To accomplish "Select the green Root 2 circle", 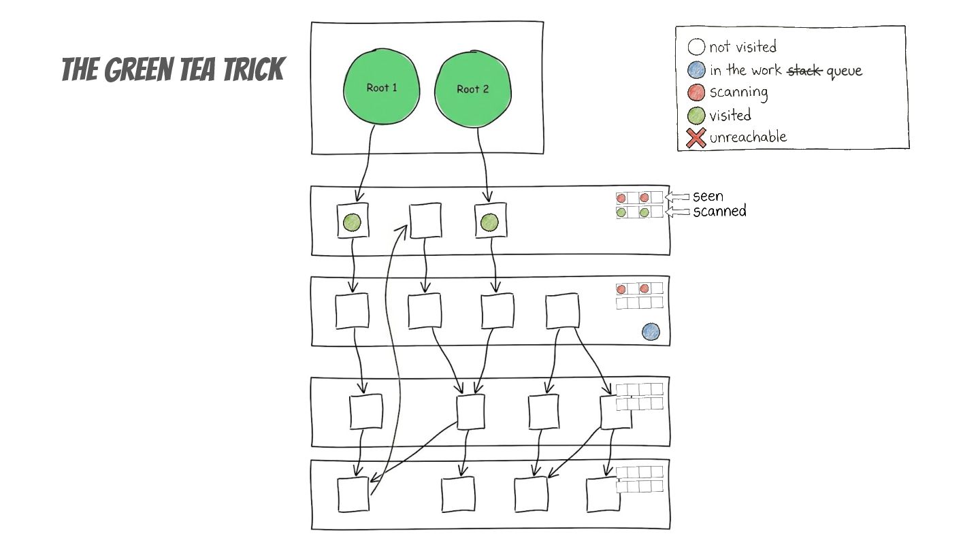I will tap(472, 88).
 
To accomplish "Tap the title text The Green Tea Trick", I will tap(172, 69).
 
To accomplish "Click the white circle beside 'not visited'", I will tap(696, 47).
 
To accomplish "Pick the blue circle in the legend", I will tap(696, 70).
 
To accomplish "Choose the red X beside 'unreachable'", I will tap(696, 138).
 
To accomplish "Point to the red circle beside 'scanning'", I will tap(696, 93).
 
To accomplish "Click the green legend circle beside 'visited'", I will tap(696, 116).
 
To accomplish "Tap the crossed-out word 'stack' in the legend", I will tap(805, 70).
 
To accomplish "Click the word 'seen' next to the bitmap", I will tap(708, 197).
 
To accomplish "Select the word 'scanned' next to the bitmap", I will tap(719, 212).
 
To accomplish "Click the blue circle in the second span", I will tap(651, 332).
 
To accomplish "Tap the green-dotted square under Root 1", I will tap(353, 221).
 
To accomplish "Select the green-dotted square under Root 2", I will tap(490, 222).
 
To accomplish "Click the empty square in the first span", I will tap(425, 221).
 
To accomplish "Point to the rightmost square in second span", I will tap(562, 310).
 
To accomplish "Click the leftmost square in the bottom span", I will tap(354, 495).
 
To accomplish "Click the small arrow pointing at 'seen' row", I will tap(676, 197).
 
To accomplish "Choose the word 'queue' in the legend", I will tap(844, 71).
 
